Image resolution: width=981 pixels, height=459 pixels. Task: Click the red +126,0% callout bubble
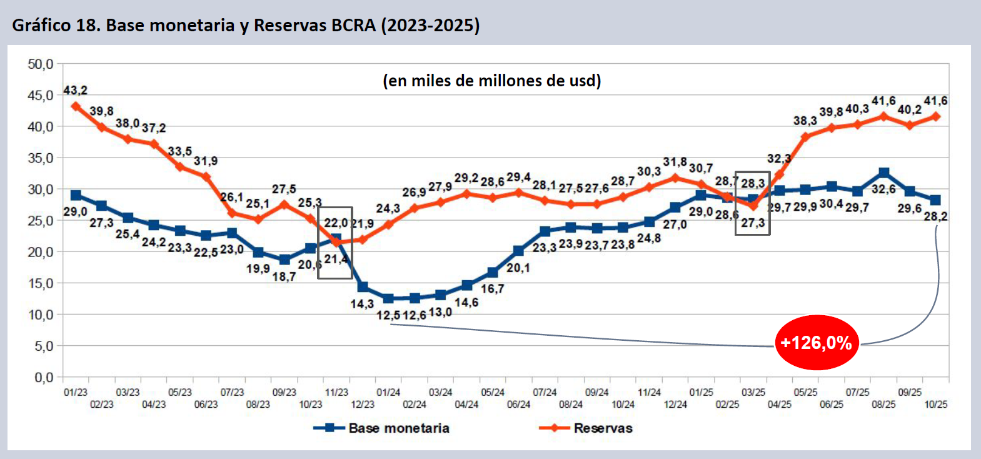click(817, 343)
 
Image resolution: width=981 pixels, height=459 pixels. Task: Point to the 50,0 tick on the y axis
click(41, 64)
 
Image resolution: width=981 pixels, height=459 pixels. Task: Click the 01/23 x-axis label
click(76, 392)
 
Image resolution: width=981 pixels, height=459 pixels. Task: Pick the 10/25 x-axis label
click(935, 404)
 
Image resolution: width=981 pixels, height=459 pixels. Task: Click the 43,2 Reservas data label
click(75, 91)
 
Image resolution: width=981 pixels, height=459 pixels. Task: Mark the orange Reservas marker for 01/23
click(76, 106)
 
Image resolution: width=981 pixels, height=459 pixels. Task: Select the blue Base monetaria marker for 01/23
click(76, 195)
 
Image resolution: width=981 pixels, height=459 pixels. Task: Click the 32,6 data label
click(883, 189)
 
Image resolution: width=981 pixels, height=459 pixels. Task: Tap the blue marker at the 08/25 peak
click(883, 173)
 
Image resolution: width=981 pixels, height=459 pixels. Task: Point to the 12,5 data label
click(388, 316)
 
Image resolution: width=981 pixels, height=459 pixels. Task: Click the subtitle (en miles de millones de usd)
click(491, 81)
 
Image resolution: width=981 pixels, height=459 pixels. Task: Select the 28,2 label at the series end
click(935, 216)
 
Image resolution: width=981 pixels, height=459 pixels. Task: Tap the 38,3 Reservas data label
click(805, 121)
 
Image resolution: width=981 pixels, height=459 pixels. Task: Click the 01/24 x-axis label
click(388, 392)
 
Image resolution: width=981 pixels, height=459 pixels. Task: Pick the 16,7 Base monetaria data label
click(492, 288)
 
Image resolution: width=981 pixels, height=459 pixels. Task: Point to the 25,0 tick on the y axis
click(41, 220)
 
